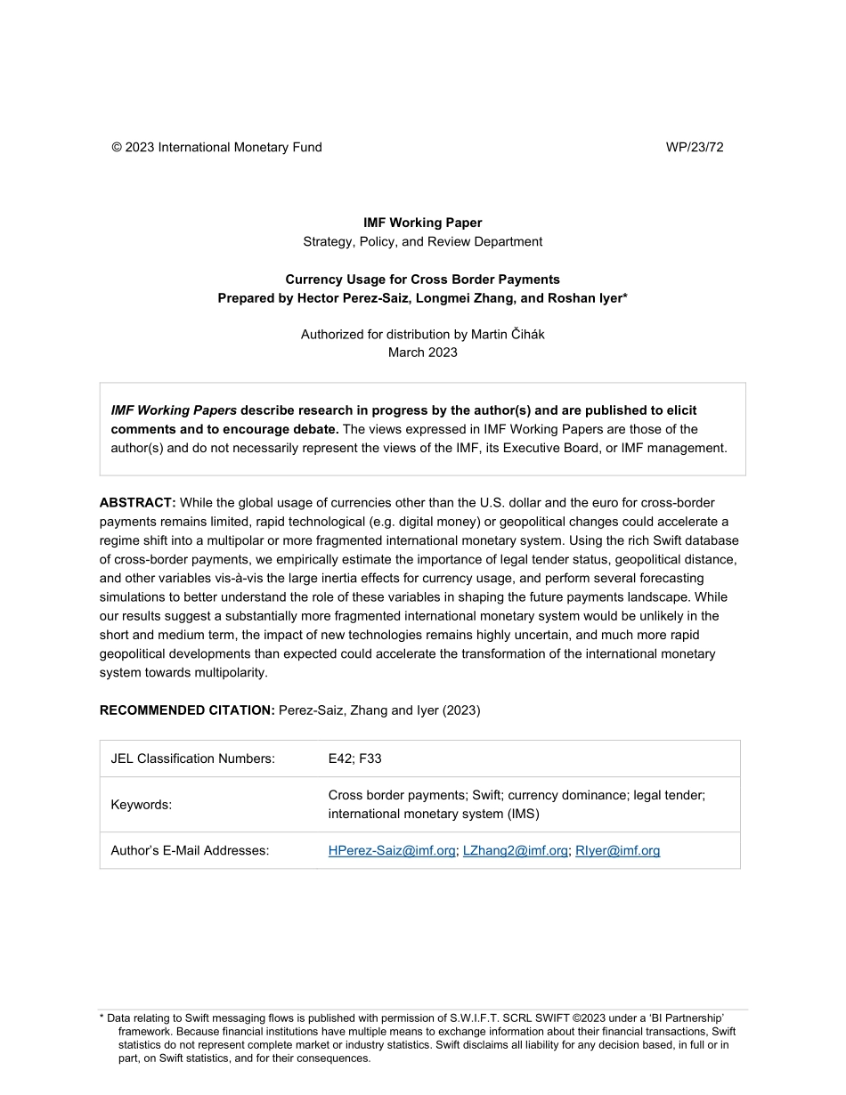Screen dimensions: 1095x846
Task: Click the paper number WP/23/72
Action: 694,148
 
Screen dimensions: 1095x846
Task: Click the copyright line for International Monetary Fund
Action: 216,148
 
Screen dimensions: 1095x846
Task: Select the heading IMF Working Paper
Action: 422,223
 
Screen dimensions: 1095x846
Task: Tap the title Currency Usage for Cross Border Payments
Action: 422,280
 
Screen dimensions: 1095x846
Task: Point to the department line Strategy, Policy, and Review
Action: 422,241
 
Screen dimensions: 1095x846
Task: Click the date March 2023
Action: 422,353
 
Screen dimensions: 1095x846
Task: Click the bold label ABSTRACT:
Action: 137,503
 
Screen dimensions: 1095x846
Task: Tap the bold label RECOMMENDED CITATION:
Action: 187,710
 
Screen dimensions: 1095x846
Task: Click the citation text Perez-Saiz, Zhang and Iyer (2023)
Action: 379,710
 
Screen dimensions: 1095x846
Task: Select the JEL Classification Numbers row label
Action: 192,758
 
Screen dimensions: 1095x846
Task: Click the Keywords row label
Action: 141,805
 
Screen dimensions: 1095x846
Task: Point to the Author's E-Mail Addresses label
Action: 190,851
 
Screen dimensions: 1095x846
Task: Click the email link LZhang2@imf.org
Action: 515,851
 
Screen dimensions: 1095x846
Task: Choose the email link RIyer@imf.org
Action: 617,851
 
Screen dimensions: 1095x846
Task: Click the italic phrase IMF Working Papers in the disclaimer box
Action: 174,410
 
